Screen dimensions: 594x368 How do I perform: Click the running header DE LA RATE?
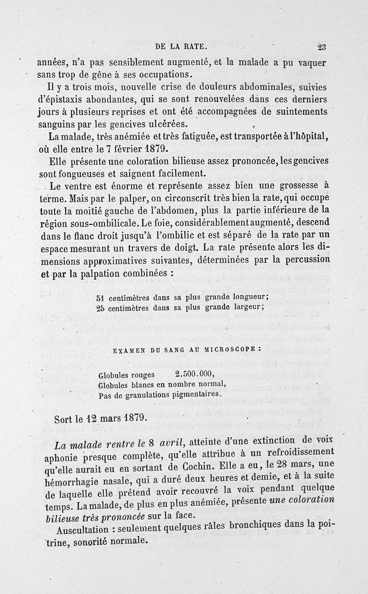(x=183, y=46)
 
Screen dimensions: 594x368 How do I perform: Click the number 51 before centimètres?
(x=103, y=297)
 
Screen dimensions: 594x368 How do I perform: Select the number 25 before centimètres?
(x=103, y=307)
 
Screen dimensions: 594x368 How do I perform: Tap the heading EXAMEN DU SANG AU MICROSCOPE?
(x=186, y=350)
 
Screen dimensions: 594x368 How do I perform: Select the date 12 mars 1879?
(x=110, y=419)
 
